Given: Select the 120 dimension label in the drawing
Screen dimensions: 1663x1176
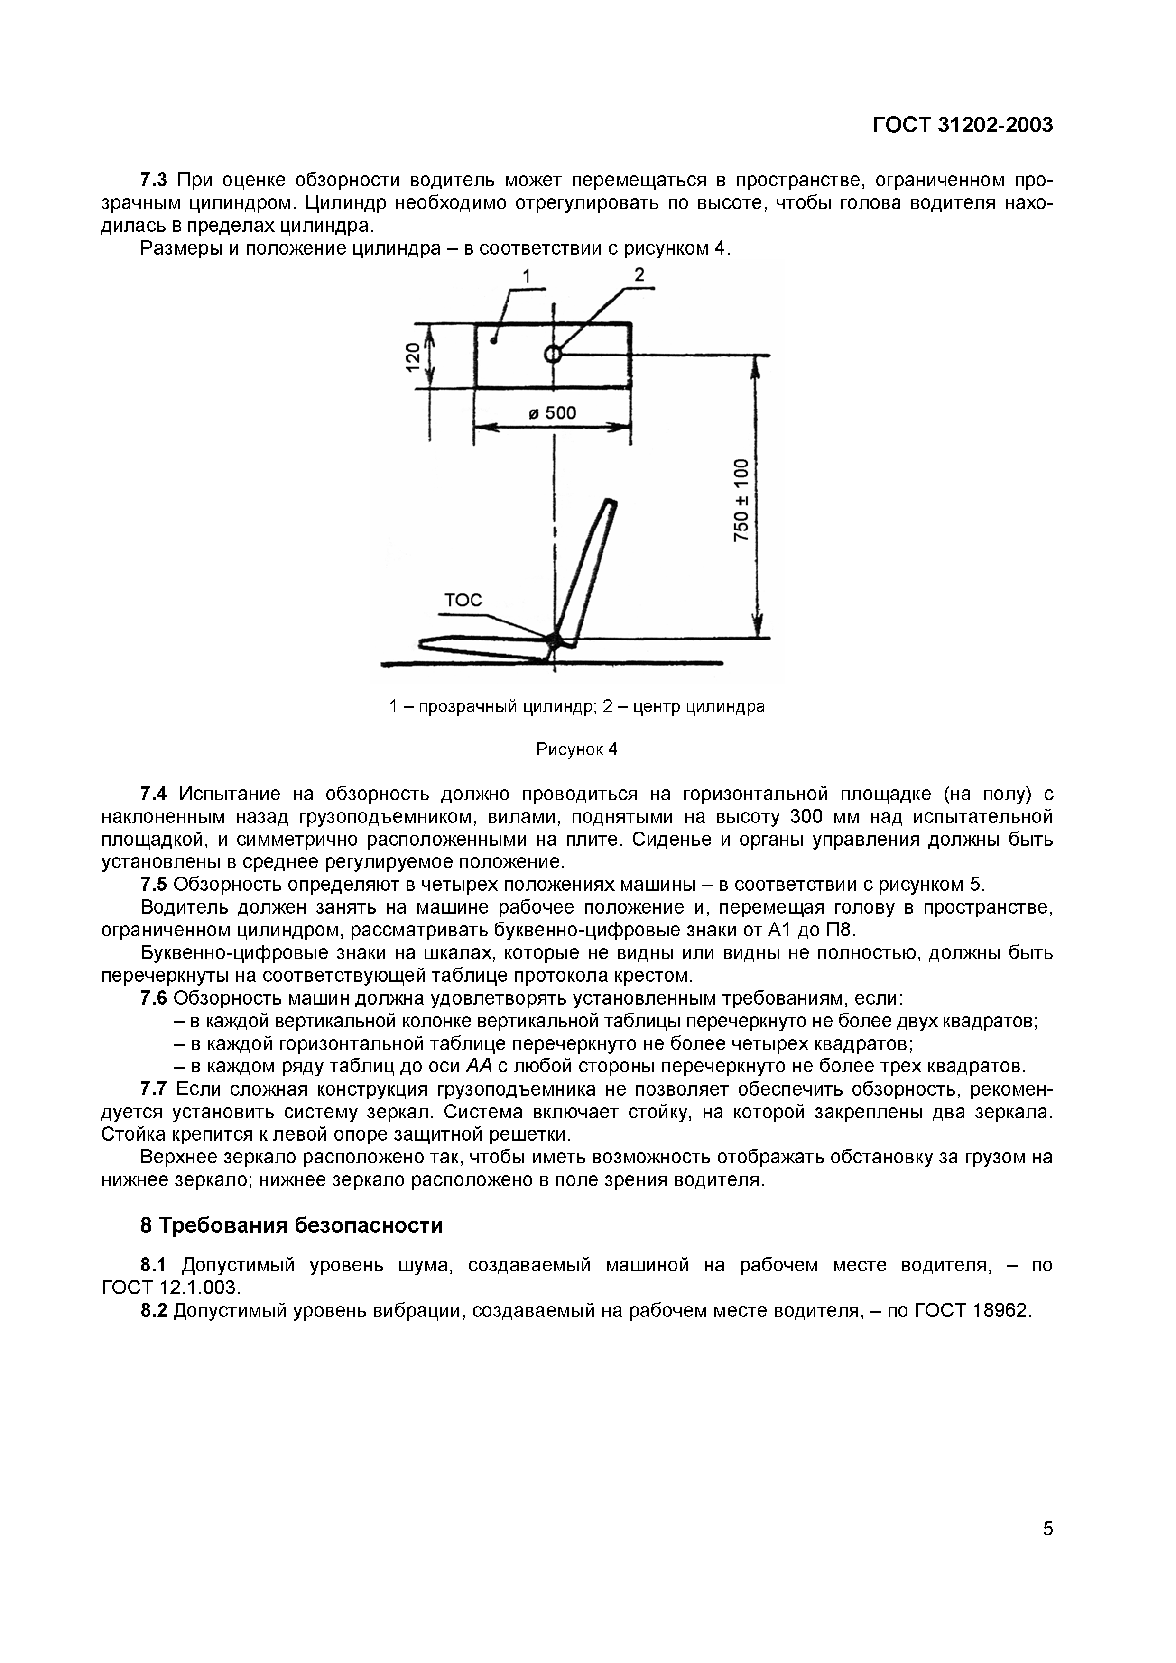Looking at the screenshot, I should [412, 356].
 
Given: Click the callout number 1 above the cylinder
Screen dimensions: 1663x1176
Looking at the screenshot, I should [527, 276].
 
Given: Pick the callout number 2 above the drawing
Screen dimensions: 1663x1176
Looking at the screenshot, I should [639, 274].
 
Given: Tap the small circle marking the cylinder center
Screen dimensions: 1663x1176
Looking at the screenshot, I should [552, 354].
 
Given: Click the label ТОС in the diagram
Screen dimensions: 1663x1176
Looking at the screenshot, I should [462, 600].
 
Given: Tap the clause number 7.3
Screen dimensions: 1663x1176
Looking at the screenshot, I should [154, 180].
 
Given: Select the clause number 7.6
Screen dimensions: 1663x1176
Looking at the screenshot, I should [154, 998].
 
